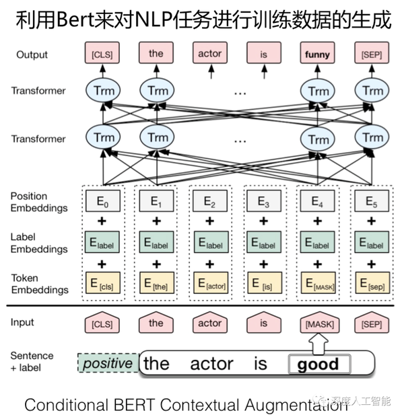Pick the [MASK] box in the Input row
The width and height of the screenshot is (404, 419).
(x=318, y=324)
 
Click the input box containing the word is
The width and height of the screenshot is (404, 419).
(x=263, y=324)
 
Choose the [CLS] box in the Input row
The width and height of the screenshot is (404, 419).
(x=102, y=324)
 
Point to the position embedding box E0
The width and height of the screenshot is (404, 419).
(x=102, y=201)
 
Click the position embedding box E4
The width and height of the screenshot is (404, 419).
(x=318, y=201)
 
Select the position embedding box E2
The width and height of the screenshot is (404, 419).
(x=210, y=201)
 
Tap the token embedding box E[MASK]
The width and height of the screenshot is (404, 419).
(x=318, y=284)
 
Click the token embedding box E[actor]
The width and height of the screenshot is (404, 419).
(x=210, y=284)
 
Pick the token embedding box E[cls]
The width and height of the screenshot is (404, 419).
(x=102, y=284)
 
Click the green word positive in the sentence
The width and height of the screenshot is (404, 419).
(x=107, y=364)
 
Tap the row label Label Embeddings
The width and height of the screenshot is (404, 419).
(x=39, y=243)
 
